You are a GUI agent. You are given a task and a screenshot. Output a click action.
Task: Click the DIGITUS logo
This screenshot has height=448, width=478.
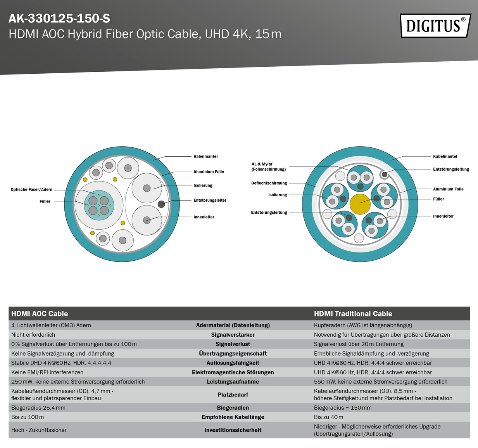tap(435, 26)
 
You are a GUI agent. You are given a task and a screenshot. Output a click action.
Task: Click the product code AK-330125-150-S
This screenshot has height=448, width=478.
tap(59, 18)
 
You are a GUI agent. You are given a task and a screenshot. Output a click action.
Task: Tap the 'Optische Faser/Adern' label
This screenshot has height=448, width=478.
tap(31, 190)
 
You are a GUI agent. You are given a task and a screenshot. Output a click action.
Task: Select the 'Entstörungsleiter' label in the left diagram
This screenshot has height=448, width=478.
tap(210, 200)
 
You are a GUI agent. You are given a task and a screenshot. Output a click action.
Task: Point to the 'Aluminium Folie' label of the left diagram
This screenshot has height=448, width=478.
tap(209, 172)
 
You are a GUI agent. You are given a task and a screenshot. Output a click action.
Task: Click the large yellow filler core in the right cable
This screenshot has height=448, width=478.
tap(360, 204)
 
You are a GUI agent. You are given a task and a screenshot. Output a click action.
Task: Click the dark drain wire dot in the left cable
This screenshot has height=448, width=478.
tap(161, 204)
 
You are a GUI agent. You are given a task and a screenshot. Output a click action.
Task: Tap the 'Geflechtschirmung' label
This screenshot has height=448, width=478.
tap(269, 183)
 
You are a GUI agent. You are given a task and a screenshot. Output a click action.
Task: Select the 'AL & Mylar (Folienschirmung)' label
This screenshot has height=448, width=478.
tap(269, 167)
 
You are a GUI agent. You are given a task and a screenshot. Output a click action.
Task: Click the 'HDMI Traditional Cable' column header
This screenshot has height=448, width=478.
tap(353, 313)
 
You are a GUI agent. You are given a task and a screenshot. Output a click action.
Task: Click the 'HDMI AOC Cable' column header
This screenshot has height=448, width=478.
tap(40, 313)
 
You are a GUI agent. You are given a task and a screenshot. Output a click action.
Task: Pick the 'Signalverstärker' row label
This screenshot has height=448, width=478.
tap(233, 335)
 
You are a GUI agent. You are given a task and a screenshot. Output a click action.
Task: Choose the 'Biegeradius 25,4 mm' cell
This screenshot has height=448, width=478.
tap(38, 408)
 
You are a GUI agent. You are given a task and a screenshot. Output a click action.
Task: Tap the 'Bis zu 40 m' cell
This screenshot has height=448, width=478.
tap(328, 417)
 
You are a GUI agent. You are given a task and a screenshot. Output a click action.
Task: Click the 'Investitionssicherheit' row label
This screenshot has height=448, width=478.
tap(233, 430)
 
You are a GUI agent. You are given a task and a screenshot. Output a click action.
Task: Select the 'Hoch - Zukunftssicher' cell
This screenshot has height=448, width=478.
tap(39, 430)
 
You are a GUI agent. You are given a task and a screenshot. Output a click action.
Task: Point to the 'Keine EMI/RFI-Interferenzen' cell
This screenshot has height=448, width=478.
tap(47, 372)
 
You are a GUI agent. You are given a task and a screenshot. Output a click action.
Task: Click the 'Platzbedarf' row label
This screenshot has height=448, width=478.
tap(233, 394)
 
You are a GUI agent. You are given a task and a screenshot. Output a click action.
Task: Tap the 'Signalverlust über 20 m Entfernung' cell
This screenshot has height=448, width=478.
tap(359, 344)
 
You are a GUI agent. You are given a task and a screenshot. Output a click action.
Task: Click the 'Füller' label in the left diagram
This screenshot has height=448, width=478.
tap(45, 201)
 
